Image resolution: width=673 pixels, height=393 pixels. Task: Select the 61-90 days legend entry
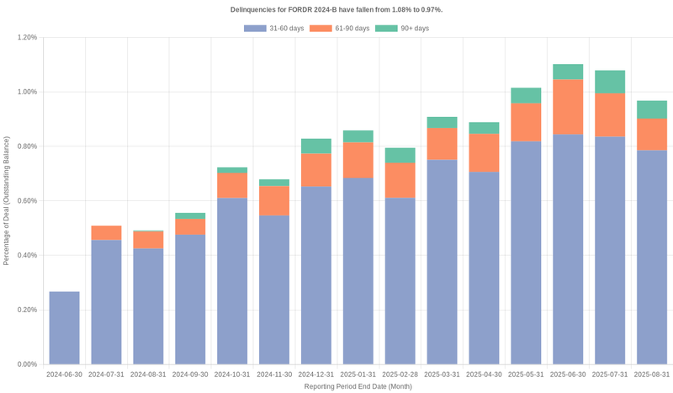click(x=339, y=29)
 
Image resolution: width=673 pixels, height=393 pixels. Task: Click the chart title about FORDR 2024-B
click(x=336, y=9)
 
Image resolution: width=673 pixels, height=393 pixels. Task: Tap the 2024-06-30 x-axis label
click(x=65, y=374)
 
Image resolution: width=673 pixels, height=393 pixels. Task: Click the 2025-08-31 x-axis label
click(x=652, y=374)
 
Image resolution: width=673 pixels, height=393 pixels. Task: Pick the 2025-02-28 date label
click(x=400, y=374)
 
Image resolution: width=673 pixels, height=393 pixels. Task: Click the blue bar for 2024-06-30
click(x=65, y=328)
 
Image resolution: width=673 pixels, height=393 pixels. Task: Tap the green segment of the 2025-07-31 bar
click(x=610, y=82)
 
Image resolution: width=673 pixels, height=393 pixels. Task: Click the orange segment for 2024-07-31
click(x=107, y=233)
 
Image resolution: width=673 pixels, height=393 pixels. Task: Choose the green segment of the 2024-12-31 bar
click(x=316, y=146)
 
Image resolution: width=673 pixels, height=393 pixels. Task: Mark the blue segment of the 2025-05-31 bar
click(x=526, y=252)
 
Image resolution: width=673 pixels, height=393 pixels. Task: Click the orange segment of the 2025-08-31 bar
click(x=652, y=135)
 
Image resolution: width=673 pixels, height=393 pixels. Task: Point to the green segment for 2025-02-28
click(x=400, y=156)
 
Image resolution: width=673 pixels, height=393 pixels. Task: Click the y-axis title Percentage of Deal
click(x=7, y=201)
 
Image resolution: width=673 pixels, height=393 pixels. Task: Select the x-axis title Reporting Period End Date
click(x=358, y=386)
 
